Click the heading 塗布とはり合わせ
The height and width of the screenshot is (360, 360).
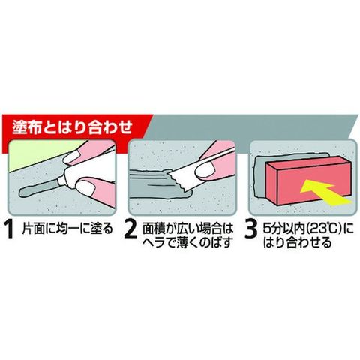coord(72,127)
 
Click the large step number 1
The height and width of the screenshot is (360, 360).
coord(10,230)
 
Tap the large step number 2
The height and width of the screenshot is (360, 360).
coord(130,230)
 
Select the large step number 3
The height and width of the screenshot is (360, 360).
coord(250,230)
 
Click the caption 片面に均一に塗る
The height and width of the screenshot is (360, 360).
coord(67,228)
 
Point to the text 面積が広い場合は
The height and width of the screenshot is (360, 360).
coord(187,228)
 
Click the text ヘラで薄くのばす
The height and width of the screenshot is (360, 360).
coord(187,242)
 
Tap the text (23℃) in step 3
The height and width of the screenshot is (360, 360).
coord(324,228)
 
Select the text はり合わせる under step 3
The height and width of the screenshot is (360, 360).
coord(298,242)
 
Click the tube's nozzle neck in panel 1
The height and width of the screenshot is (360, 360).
coord(60,181)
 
